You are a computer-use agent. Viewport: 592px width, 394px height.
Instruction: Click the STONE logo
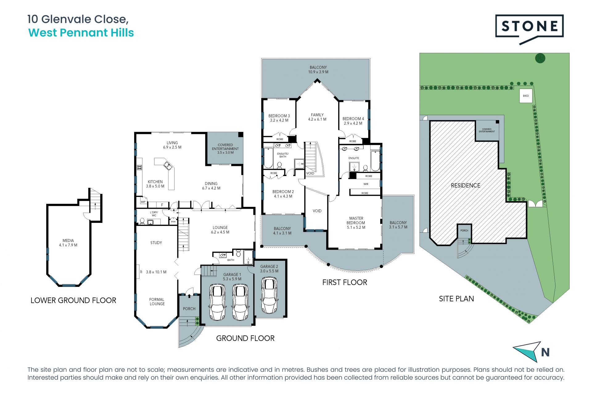(x=529, y=29)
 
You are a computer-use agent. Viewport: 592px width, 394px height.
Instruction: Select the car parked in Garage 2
(x=269, y=295)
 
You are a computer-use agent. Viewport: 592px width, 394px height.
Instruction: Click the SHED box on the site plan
(x=526, y=96)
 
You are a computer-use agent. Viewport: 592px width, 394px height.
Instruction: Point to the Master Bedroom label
(x=356, y=220)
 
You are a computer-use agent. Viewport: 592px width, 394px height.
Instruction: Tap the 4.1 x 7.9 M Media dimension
(x=68, y=245)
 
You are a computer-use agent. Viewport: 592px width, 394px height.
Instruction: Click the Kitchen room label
(x=155, y=182)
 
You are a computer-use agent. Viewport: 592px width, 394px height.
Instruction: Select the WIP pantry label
(x=143, y=202)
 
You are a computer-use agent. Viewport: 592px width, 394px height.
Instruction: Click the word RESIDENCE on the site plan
(x=466, y=185)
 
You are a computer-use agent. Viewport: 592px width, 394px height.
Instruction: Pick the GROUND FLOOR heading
(x=245, y=338)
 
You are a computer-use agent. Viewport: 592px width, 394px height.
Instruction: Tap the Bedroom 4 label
(x=353, y=119)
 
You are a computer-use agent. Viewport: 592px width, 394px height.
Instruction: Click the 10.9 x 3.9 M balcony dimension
(x=318, y=72)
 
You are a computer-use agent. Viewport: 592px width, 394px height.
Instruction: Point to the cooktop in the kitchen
(x=139, y=167)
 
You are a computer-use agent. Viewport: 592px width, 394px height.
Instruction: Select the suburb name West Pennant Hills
(x=81, y=33)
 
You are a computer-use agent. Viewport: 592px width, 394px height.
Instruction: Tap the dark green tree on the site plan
(x=540, y=58)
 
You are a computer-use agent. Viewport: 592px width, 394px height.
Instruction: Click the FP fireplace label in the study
(x=141, y=272)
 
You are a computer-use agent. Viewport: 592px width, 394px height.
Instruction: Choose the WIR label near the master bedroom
(x=366, y=184)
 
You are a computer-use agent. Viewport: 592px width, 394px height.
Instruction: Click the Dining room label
(x=211, y=183)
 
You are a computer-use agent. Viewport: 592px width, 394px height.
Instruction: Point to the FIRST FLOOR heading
(x=345, y=283)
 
